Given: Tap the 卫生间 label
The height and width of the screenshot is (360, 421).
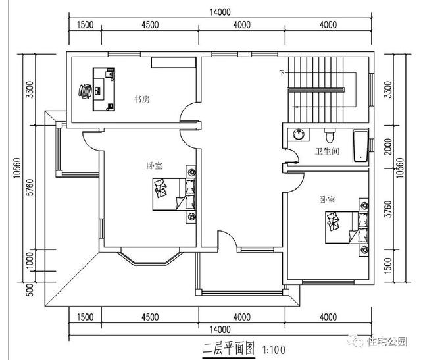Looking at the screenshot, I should tap(327, 152).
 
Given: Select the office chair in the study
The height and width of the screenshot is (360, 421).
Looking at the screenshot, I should tap(86, 91).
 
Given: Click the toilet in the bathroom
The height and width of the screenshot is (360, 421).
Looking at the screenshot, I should tap(333, 136).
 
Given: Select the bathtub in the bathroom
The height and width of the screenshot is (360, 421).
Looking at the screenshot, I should tap(361, 146).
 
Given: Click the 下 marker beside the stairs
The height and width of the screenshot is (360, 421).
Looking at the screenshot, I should tap(283, 72).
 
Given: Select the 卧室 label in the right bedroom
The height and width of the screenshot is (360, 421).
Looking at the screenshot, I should tap(327, 199).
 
